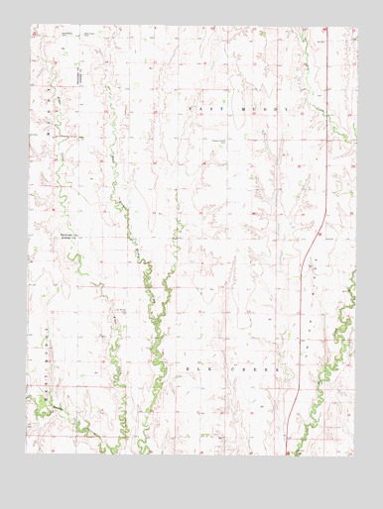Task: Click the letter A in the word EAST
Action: point(198,107)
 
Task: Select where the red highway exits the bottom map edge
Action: point(288,455)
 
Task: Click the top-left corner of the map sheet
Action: point(29,27)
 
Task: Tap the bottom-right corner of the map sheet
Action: point(355,455)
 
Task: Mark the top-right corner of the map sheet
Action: point(355,27)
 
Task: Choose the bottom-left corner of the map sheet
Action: point(29,455)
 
